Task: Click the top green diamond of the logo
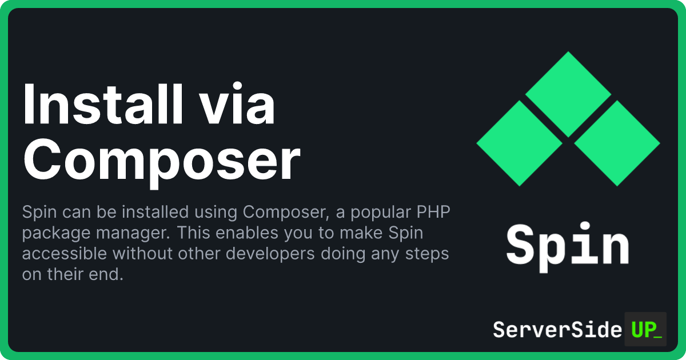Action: [x=568, y=94]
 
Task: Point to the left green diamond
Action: [x=520, y=143]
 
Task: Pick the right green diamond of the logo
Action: [x=617, y=143]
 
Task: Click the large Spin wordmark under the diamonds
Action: [x=568, y=247]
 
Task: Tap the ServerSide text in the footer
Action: [x=557, y=330]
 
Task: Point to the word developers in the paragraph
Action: [x=270, y=254]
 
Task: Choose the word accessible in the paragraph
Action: [x=64, y=254]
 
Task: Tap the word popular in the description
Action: [x=381, y=213]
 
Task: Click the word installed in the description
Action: [x=155, y=212]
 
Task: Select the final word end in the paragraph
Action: [x=106, y=274]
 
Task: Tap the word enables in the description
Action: [x=246, y=233]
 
